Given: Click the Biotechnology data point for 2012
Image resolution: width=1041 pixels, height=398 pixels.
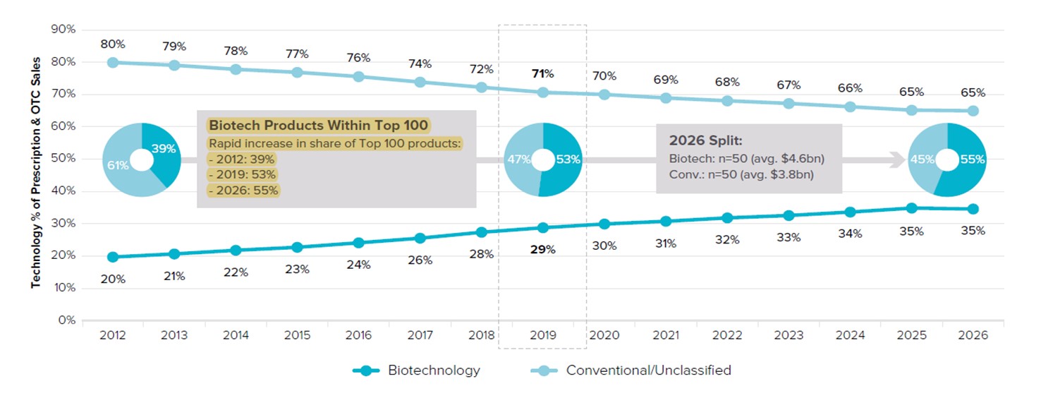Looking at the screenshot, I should (113, 257).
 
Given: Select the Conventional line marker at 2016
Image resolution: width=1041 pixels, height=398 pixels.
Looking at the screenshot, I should (358, 76).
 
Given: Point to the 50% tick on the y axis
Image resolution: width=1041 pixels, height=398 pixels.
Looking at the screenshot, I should (66, 159).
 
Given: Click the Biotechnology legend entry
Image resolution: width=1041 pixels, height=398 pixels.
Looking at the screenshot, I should (416, 370).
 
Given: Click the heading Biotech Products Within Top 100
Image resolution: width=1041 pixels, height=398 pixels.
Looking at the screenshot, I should (318, 126).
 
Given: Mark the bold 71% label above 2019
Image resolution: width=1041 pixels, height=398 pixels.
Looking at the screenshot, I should (542, 73).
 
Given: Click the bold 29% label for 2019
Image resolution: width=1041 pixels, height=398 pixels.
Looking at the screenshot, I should (542, 249).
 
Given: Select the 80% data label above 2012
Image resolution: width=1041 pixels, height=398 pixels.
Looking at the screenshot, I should (113, 44).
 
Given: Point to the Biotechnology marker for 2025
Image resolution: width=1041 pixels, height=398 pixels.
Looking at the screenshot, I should (911, 208).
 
